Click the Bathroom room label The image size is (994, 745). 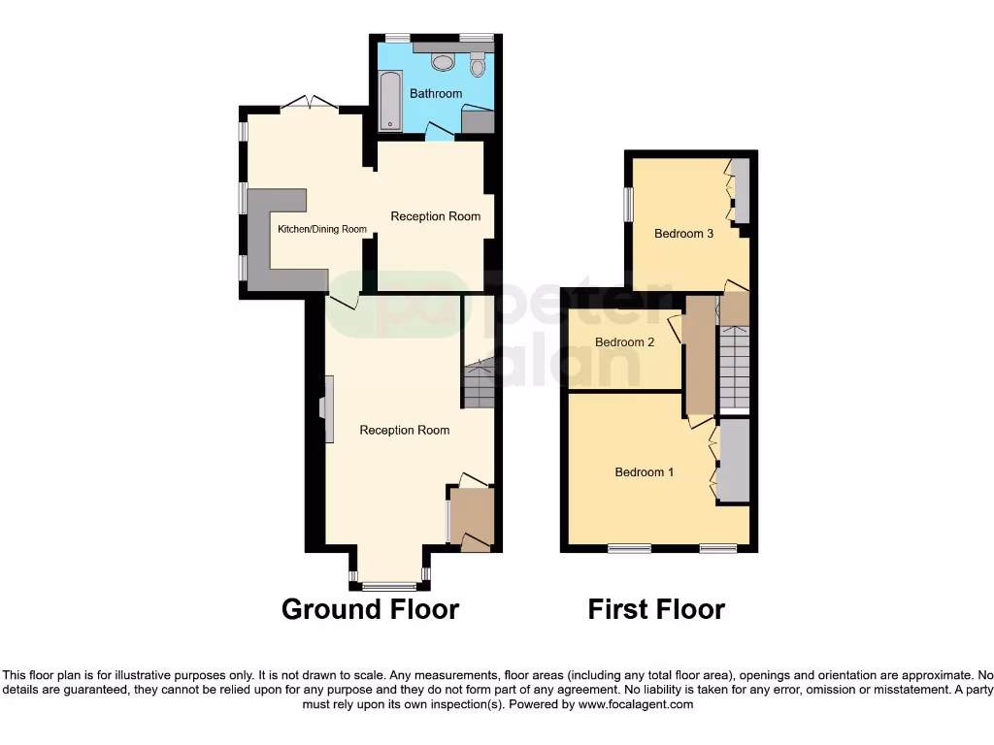click(436, 94)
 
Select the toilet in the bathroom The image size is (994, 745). click(477, 64)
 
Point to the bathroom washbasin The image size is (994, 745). click(443, 62)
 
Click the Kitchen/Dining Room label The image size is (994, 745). click(322, 230)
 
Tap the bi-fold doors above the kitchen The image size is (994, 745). click(309, 102)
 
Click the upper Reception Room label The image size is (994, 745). click(435, 216)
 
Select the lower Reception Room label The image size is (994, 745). click(404, 430)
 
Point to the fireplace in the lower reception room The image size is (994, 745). click(328, 409)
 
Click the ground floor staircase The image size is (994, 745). click(478, 383)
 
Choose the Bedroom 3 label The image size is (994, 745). click(684, 234)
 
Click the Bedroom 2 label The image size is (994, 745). click(624, 342)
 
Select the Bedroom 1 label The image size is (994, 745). click(645, 472)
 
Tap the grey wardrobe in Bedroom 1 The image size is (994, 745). click(734, 461)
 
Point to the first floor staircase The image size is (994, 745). click(734, 368)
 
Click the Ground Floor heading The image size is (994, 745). click(370, 609)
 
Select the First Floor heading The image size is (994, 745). click(656, 609)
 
